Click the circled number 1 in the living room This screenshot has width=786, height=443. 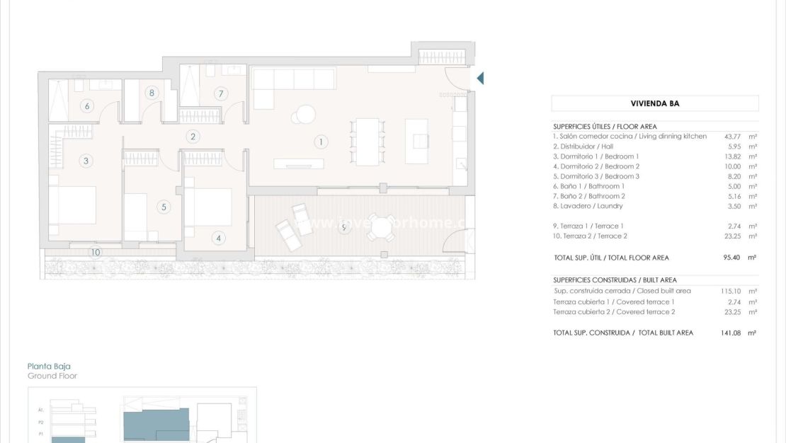321,142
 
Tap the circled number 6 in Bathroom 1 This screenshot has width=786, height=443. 87,106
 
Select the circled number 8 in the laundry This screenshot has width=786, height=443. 151,92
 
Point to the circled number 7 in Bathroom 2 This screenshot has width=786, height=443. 220,93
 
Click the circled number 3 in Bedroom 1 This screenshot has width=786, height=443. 86,161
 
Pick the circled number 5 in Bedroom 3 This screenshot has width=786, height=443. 164,207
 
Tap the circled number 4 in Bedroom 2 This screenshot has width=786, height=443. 218,238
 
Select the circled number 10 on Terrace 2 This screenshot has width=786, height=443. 96,252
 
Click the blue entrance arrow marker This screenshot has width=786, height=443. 480,78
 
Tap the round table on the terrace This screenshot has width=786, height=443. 380,227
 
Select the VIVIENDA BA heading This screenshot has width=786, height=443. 654,103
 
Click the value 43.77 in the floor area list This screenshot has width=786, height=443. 732,136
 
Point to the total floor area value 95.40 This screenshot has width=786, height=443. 732,258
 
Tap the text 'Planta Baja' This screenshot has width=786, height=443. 49,367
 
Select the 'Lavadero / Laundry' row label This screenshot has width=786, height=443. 588,206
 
